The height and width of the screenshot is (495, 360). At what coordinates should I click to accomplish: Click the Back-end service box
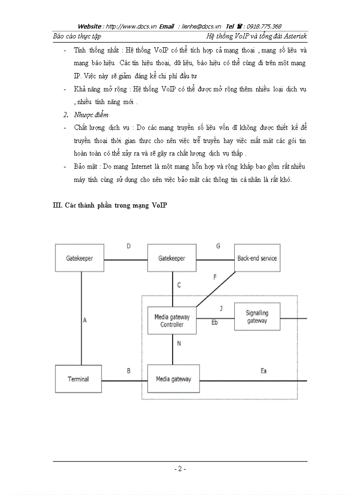pyautogui.click(x=257, y=258)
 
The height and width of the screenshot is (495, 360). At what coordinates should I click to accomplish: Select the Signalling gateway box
pyautogui.click(x=257, y=317)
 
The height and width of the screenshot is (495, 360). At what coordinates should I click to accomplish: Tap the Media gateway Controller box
pyautogui.click(x=172, y=320)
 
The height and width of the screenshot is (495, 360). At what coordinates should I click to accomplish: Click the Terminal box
pyautogui.click(x=78, y=379)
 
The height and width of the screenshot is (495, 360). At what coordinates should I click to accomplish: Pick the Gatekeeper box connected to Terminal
pyautogui.click(x=79, y=258)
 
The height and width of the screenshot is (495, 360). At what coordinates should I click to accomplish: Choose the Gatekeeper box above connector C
pyautogui.click(x=172, y=258)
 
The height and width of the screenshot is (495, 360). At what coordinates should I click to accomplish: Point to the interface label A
pyautogui.click(x=85, y=320)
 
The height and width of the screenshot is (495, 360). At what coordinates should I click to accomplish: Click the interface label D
pyautogui.click(x=128, y=246)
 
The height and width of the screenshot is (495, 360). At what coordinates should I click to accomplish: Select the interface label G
pyautogui.click(x=218, y=246)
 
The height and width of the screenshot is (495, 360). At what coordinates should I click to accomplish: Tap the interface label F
pyautogui.click(x=215, y=277)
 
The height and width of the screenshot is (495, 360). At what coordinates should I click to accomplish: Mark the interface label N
pyautogui.click(x=179, y=343)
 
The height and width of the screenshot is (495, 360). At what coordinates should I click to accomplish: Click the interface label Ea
pyautogui.click(x=263, y=371)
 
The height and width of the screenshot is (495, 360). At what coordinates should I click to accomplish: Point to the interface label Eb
pyautogui.click(x=215, y=322)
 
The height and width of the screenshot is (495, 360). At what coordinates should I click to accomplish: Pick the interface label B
pyautogui.click(x=128, y=371)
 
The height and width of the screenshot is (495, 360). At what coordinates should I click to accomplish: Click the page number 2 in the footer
pyautogui.click(x=180, y=469)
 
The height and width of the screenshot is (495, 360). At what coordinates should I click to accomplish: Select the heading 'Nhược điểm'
pyautogui.click(x=91, y=115)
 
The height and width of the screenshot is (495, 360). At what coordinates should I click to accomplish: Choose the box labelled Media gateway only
pyautogui.click(x=173, y=379)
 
